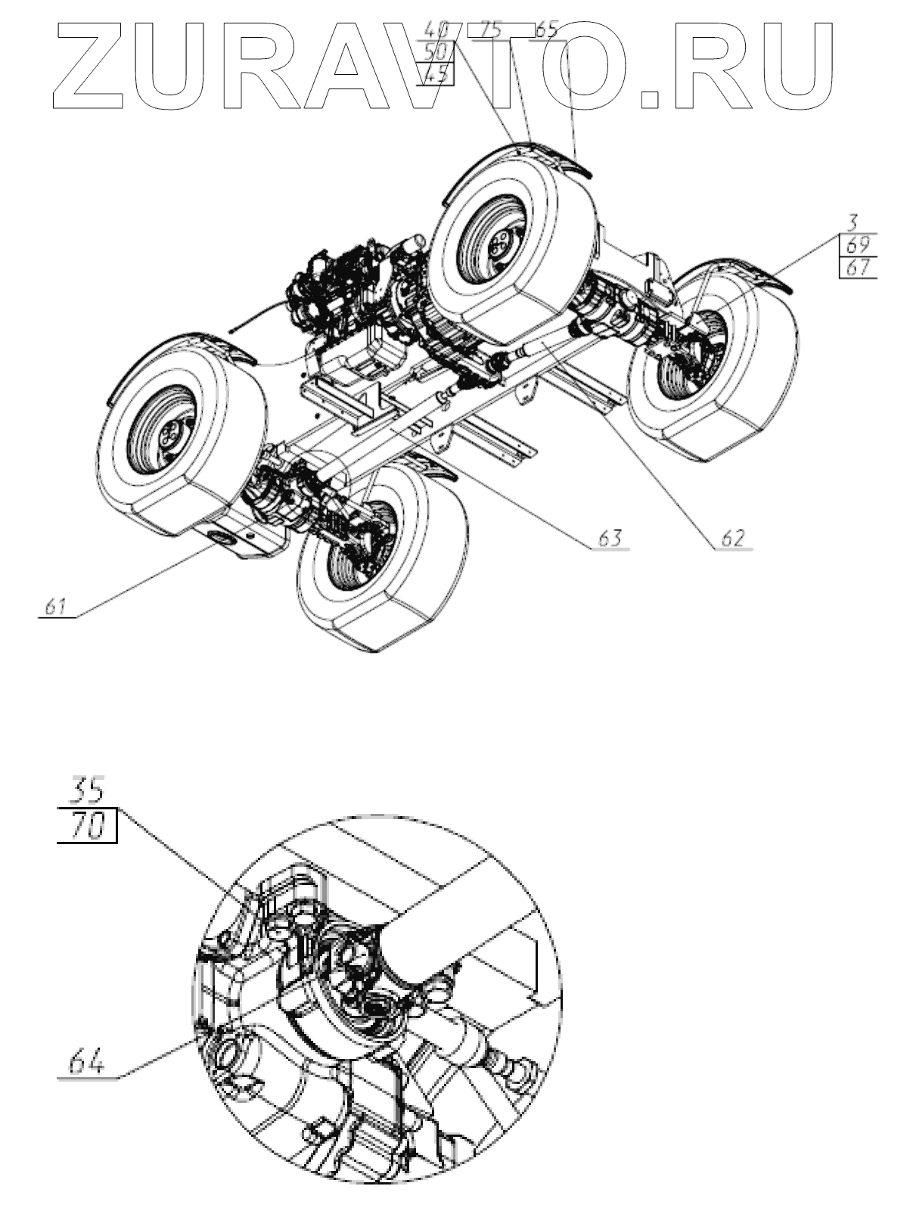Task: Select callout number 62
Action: [733, 539]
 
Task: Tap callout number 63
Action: [610, 539]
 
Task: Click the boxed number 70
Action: [87, 826]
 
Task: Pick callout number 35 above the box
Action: [87, 791]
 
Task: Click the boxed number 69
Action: [857, 245]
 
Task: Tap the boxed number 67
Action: [857, 267]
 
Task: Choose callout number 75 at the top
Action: [492, 30]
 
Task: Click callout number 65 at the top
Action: [546, 30]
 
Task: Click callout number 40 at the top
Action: [437, 30]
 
